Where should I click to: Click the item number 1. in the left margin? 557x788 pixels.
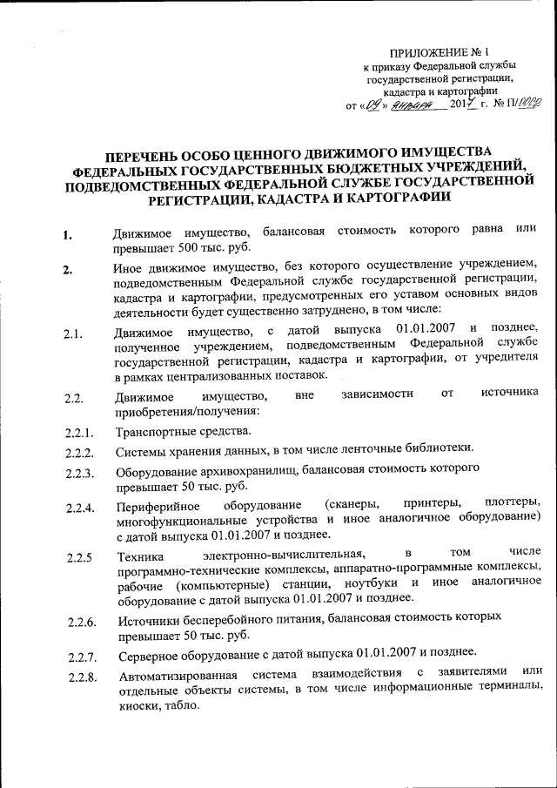click(67, 234)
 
